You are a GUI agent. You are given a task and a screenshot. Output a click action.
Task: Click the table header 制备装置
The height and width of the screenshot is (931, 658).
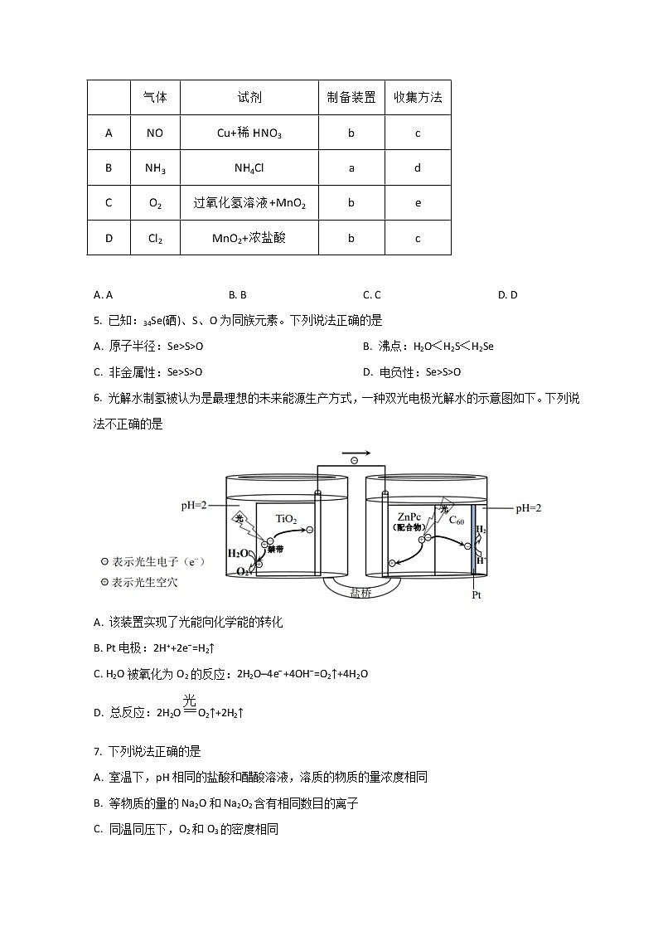click(x=351, y=97)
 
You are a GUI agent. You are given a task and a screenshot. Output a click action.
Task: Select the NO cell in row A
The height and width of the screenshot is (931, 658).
click(x=155, y=133)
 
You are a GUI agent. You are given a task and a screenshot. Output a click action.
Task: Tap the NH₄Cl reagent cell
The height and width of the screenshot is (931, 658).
click(x=249, y=168)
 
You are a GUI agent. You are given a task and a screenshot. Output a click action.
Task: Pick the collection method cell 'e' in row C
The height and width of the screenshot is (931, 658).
click(x=418, y=203)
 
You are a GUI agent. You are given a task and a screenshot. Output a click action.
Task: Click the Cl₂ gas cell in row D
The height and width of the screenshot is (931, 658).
click(x=155, y=239)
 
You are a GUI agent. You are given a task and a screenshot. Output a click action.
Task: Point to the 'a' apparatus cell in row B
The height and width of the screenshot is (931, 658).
click(x=351, y=168)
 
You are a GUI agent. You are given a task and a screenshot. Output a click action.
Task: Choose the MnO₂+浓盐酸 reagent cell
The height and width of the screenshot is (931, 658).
click(x=249, y=239)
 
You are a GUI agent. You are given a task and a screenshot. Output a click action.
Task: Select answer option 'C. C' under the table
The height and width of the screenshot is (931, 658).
click(x=371, y=294)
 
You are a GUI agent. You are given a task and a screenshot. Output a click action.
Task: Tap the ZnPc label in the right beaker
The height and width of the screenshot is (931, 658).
click(x=409, y=515)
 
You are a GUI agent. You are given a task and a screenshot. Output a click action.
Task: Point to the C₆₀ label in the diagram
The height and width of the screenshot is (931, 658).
click(x=457, y=521)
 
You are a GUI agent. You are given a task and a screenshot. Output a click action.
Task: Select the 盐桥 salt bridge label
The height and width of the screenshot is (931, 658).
click(x=362, y=594)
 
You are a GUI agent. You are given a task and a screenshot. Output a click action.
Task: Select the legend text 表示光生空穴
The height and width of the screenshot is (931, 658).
click(x=145, y=582)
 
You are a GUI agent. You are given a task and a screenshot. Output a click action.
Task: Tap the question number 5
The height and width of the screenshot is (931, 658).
click(x=98, y=320)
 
